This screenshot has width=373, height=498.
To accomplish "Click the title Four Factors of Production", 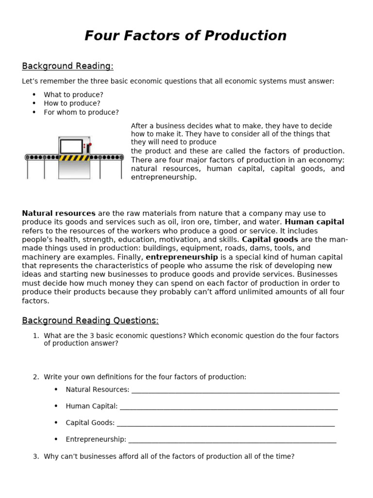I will point(186,36).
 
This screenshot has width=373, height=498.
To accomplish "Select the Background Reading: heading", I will point(68,66).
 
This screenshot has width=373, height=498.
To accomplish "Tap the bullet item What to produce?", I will point(73,95).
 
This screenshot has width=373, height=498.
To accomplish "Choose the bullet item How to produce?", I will point(72,104).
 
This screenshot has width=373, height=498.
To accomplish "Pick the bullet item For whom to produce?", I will point(81,112).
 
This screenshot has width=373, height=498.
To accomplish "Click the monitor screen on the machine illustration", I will point(71,146).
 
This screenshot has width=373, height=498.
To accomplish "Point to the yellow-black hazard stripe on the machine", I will point(74,158).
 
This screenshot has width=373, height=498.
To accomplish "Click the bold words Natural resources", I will point(59,213).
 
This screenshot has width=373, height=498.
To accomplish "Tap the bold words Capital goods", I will point(270,240).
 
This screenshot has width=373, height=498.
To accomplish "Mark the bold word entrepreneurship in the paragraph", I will point(182,257).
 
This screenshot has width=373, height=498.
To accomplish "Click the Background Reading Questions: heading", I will point(90,320).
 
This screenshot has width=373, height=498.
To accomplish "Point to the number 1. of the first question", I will point(35,336).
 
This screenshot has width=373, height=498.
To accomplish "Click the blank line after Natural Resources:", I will point(235,391).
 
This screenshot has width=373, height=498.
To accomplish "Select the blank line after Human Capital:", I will point(228,407).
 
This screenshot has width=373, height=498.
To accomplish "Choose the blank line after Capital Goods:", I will point(225,424).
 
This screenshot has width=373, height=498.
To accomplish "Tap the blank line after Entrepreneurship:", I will point(232,440).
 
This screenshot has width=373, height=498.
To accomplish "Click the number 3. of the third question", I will point(35,457).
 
